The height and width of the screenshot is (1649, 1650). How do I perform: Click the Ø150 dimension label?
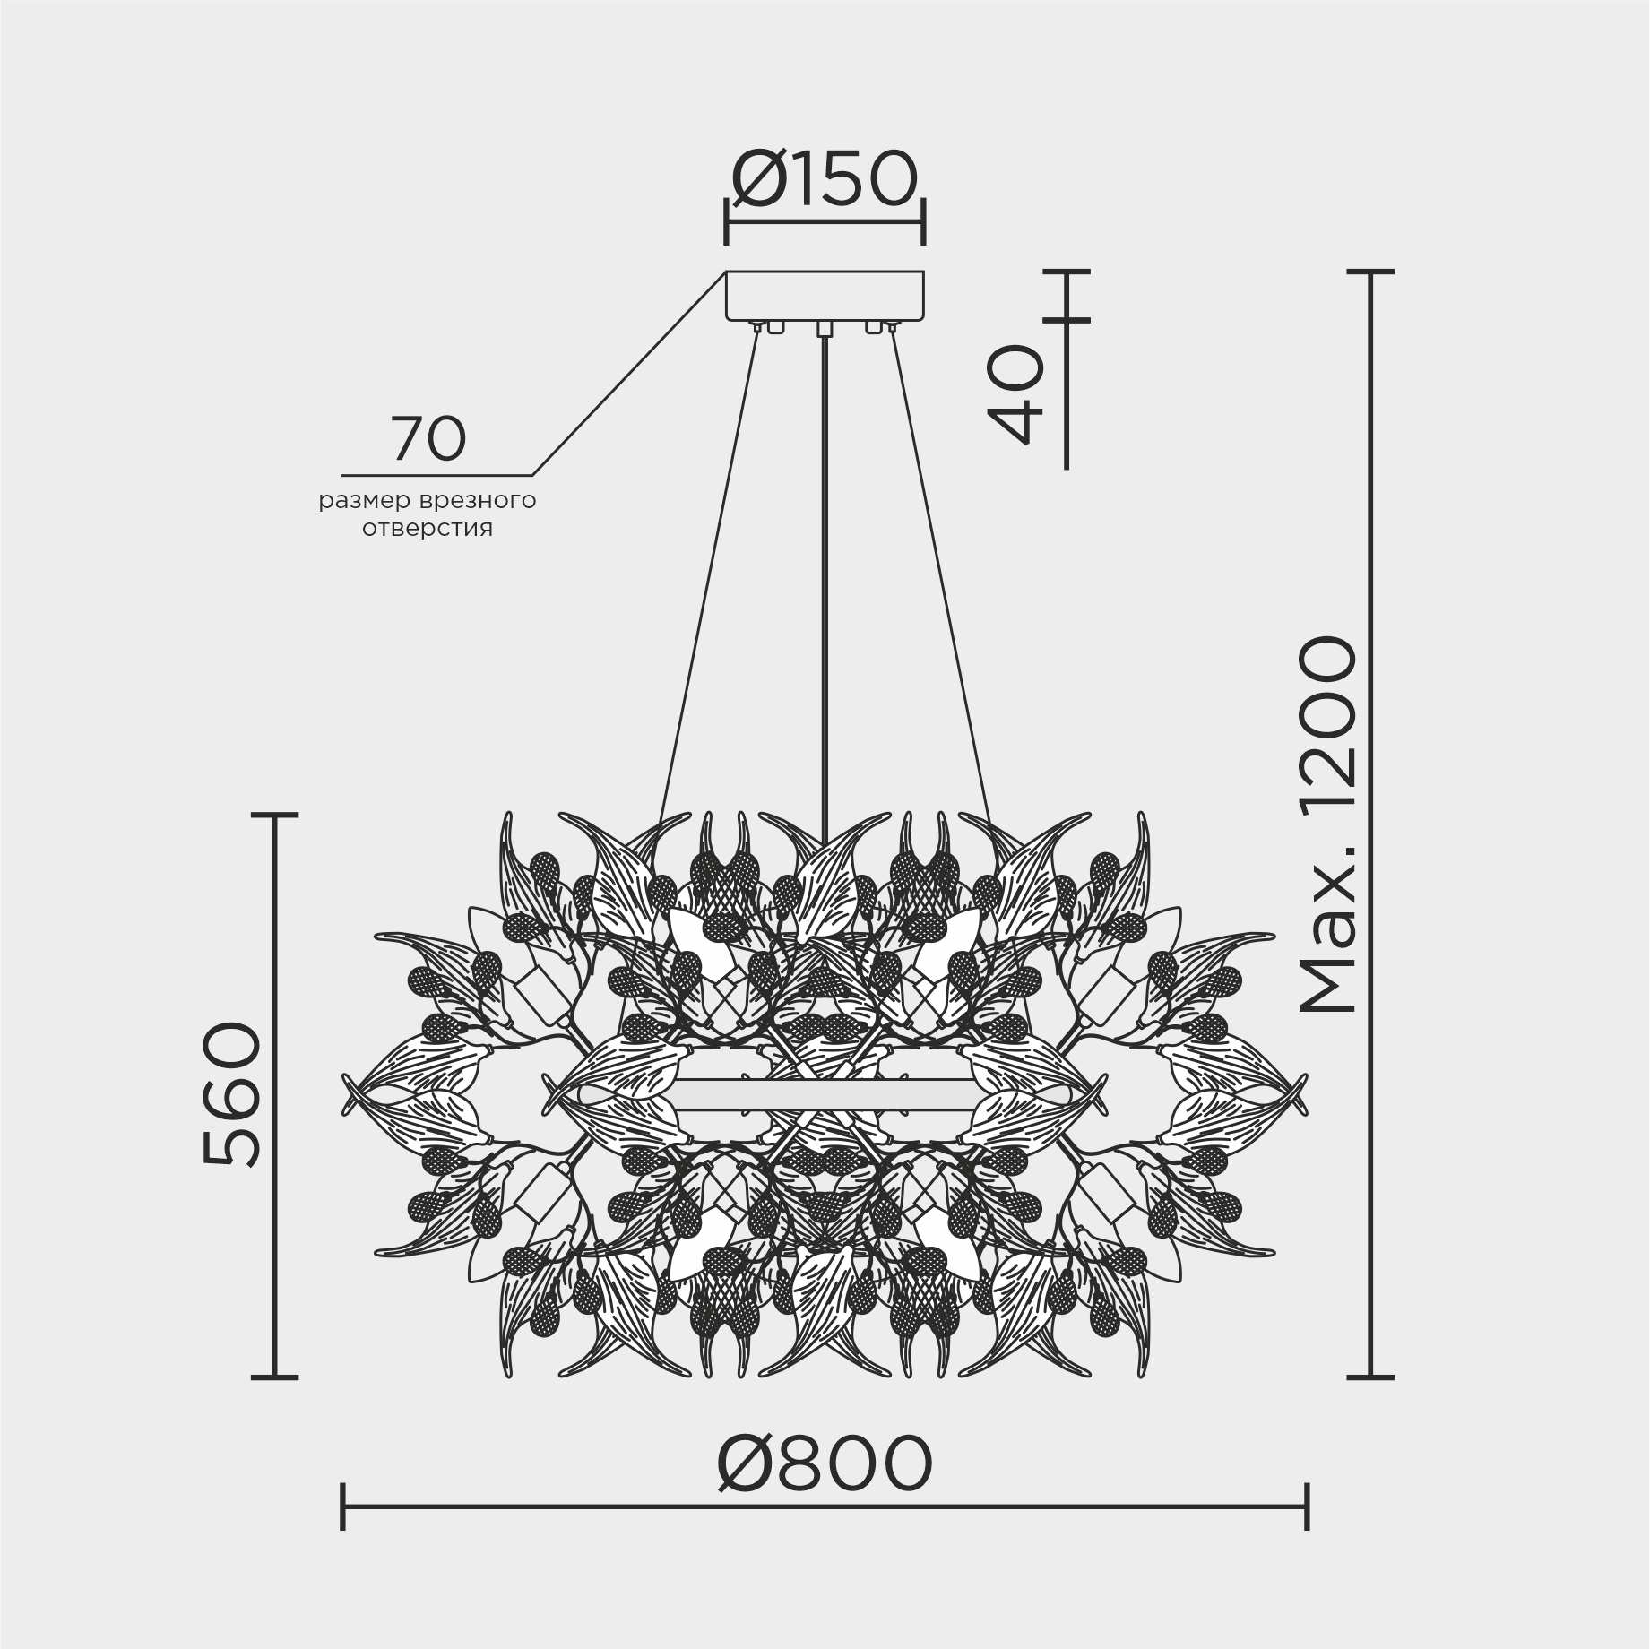point(825,180)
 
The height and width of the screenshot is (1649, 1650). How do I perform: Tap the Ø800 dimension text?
point(825,1463)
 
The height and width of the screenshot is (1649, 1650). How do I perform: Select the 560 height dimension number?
point(232,1094)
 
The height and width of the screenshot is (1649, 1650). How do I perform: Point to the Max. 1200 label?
point(1329,824)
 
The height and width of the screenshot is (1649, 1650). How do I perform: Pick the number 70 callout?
point(428,439)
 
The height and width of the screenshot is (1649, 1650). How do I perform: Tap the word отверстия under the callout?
point(428,529)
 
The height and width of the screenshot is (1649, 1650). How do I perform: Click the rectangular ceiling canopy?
point(825,295)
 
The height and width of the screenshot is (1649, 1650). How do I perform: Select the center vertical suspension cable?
point(825,574)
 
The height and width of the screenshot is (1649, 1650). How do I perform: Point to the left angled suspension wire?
point(708,574)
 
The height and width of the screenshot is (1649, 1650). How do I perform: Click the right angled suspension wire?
point(941,574)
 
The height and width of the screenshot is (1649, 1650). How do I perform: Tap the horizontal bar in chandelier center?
point(825,1094)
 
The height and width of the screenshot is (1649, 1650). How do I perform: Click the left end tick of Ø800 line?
point(343,1506)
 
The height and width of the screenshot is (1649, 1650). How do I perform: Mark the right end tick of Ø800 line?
point(1307,1506)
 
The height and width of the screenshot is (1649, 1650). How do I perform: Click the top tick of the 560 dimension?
point(274,815)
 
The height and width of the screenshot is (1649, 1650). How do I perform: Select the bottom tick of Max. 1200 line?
point(1370,1377)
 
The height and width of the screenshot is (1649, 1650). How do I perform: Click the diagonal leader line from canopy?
point(627,375)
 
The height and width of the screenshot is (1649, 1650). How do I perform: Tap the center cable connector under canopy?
point(825,328)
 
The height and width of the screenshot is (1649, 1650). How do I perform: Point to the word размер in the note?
point(364,500)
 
